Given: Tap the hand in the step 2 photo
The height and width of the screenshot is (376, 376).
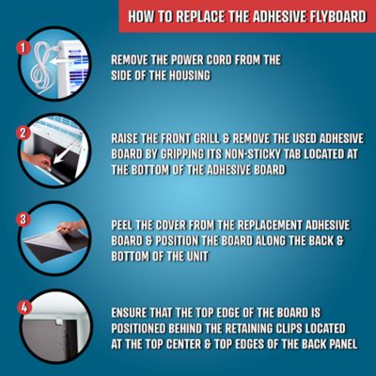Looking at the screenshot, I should coord(38,160).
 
